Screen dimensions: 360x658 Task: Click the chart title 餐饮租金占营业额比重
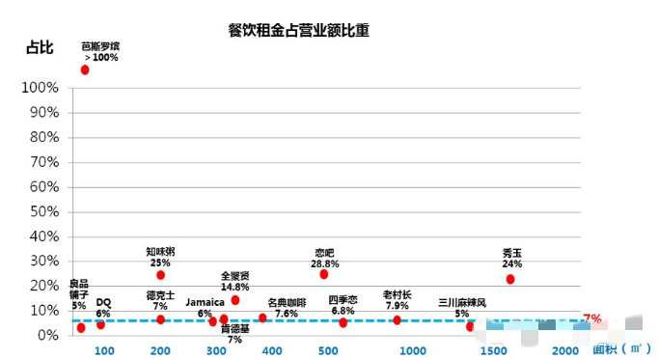tap(299, 30)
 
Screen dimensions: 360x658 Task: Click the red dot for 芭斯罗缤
tap(85, 69)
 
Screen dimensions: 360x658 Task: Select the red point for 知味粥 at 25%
tap(160, 275)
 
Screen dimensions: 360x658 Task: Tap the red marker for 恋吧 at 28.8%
tap(324, 274)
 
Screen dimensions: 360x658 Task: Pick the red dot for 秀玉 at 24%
tap(510, 279)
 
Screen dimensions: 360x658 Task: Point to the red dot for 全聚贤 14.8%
tap(235, 300)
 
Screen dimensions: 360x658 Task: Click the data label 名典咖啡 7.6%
tap(287, 308)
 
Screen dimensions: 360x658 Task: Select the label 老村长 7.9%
tap(398, 300)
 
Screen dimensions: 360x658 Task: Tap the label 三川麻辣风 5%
tap(462, 308)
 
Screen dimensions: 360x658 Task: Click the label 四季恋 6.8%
tap(343, 305)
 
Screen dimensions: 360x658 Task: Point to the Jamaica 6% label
tap(205, 307)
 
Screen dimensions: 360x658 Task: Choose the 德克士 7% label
tap(160, 300)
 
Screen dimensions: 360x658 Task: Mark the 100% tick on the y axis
tap(40, 88)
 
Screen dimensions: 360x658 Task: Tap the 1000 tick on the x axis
tap(413, 350)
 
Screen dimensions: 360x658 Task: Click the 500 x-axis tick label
tap(328, 350)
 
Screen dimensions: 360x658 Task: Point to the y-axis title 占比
tap(39, 47)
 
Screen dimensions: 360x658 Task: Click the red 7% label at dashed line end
tap(592, 318)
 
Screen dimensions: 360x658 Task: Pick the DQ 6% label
tap(103, 308)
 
